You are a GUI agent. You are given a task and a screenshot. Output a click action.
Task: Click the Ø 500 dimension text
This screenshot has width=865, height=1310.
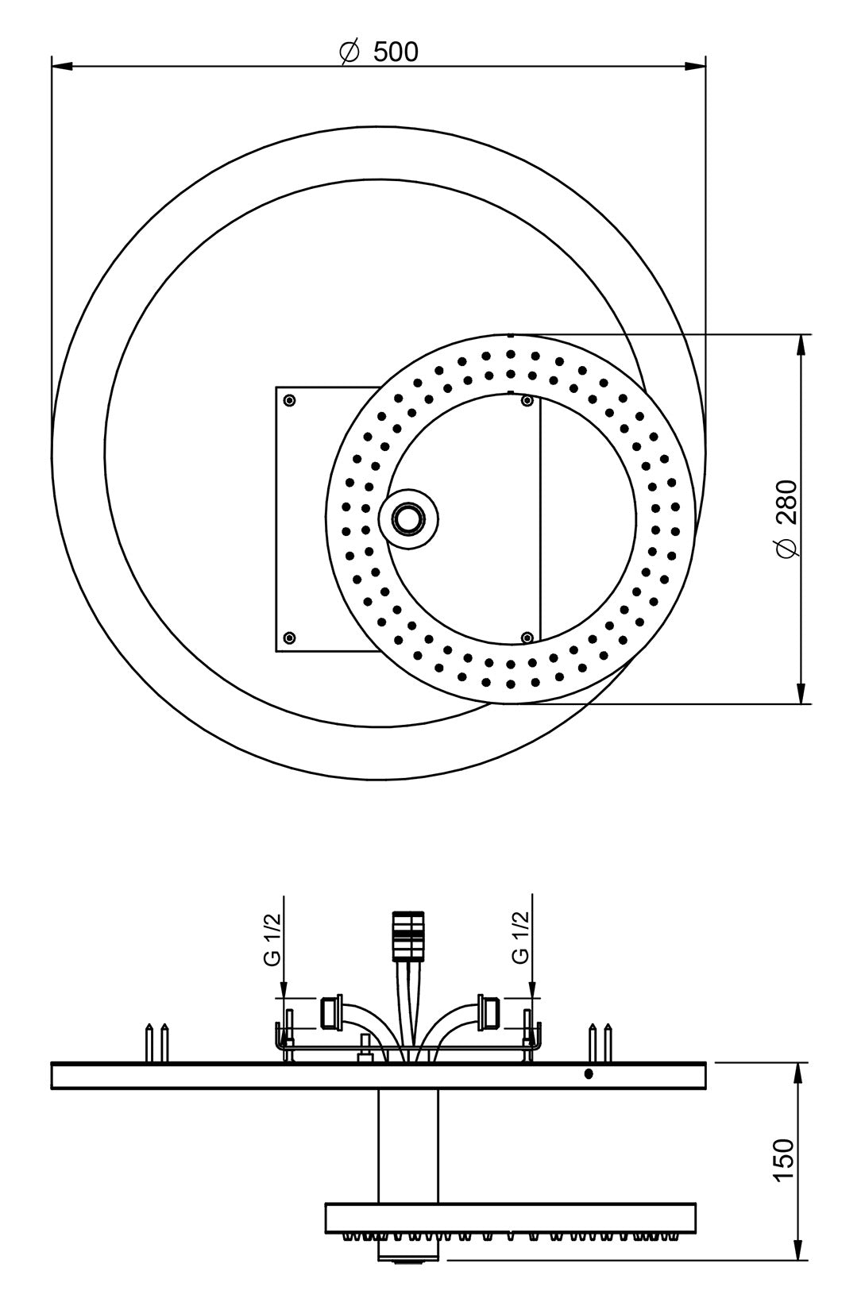[x=378, y=52]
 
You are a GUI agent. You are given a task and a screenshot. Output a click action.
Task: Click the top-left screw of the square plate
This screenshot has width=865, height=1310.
[x=289, y=399]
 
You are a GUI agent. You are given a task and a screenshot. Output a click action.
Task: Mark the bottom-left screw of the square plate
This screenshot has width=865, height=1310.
[x=289, y=637]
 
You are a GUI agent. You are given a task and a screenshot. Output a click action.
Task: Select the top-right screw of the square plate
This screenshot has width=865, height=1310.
[x=526, y=400]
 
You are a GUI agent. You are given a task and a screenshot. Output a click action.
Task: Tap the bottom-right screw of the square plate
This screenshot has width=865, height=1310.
[x=526, y=637]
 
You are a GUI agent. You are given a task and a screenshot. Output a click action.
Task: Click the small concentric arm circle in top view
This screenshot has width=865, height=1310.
[x=409, y=518]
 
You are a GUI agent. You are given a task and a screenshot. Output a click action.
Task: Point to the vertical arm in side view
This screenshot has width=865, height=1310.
[x=408, y=1147]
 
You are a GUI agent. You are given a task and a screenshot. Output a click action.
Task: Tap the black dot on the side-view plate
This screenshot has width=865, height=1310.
[x=589, y=1074]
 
